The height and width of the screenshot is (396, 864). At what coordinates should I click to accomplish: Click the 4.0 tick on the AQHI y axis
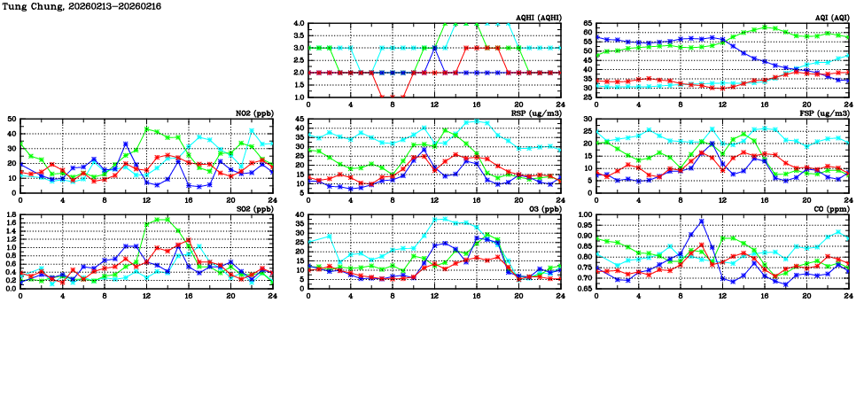tap(300, 24)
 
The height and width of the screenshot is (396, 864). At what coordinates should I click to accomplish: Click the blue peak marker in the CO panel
tap(701, 221)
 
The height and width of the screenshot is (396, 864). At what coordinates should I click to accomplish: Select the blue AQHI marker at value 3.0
tap(434, 48)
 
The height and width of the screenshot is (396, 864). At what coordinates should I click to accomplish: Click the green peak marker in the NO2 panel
tap(147, 129)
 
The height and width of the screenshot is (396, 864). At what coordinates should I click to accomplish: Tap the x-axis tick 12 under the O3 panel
tap(434, 294)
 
